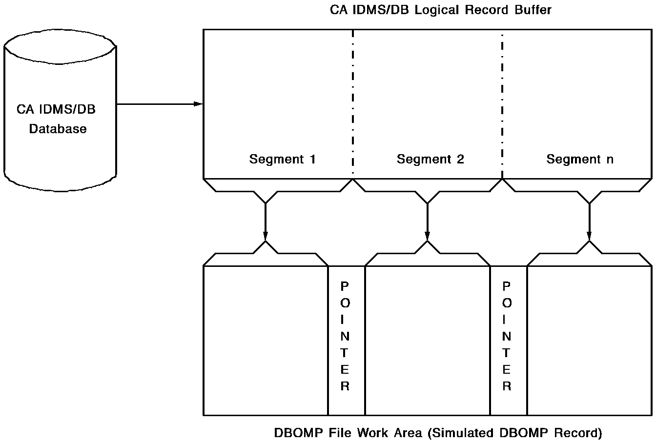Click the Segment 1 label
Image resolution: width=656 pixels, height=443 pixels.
coord(282,159)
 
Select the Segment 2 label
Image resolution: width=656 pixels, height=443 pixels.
coord(430,159)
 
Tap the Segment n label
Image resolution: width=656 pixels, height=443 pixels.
coord(579,159)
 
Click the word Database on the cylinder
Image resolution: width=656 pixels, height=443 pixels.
coord(58,129)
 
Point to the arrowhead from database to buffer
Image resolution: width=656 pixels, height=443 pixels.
coord(198,104)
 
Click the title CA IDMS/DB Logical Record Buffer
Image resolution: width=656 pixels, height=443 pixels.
coord(441,10)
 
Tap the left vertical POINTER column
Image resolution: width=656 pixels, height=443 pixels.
coord(346,336)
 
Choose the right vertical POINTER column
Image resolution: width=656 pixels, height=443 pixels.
coord(507,336)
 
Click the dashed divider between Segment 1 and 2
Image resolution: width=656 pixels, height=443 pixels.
coord(353,102)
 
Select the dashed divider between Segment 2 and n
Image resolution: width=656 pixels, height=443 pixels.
coord(502,102)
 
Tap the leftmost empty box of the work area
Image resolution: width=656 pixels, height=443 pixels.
coord(265,340)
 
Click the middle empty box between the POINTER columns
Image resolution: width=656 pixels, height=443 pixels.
coord(427,340)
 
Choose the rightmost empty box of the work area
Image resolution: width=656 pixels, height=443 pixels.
coord(589,340)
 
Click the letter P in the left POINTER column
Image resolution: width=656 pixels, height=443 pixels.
coord(345,286)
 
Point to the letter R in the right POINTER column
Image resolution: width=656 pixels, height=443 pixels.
coord(507,386)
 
